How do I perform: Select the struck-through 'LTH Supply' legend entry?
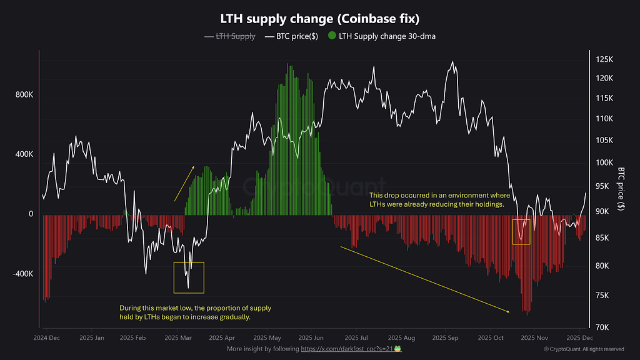tap(235, 36)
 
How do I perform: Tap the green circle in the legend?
tap(331, 36)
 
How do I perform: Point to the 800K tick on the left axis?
tap(24, 96)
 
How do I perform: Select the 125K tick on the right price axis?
tap(604, 59)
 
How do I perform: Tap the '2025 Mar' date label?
tap(178, 337)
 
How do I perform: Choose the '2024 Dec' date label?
tap(47, 337)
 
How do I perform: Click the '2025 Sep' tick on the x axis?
tap(445, 337)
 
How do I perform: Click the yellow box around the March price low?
tap(189, 277)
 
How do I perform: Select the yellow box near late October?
tap(521, 232)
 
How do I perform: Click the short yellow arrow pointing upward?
tap(184, 184)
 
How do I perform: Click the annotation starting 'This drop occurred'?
tap(436, 200)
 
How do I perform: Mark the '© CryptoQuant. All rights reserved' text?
tap(584, 349)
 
